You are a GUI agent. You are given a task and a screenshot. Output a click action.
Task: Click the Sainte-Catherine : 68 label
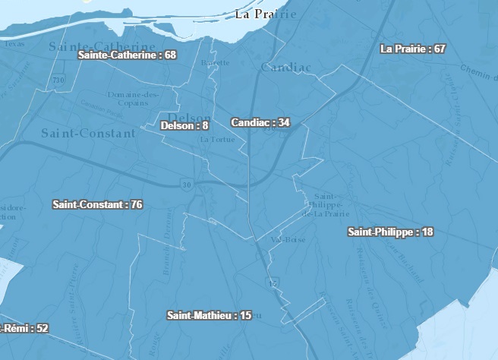pyautogui.click(x=128, y=55)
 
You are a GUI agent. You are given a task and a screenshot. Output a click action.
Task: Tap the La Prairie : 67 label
pyautogui.click(x=412, y=49)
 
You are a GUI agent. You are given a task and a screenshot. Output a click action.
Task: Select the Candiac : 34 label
pyautogui.click(x=260, y=122)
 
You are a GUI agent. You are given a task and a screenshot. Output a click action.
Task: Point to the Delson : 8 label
pyautogui.click(x=184, y=125)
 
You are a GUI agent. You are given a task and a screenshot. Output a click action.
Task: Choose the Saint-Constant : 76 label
pyautogui.click(x=97, y=204)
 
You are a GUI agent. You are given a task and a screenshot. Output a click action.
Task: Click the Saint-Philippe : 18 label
pyautogui.click(x=390, y=232)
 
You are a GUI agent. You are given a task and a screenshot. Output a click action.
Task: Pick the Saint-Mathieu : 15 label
pyautogui.click(x=209, y=314)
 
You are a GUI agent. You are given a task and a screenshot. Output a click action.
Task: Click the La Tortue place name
pyautogui.click(x=214, y=140)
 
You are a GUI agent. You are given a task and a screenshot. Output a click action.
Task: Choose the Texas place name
pyautogui.click(x=14, y=43)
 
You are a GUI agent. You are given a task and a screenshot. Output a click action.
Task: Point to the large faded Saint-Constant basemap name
pyautogui.click(x=88, y=133)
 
